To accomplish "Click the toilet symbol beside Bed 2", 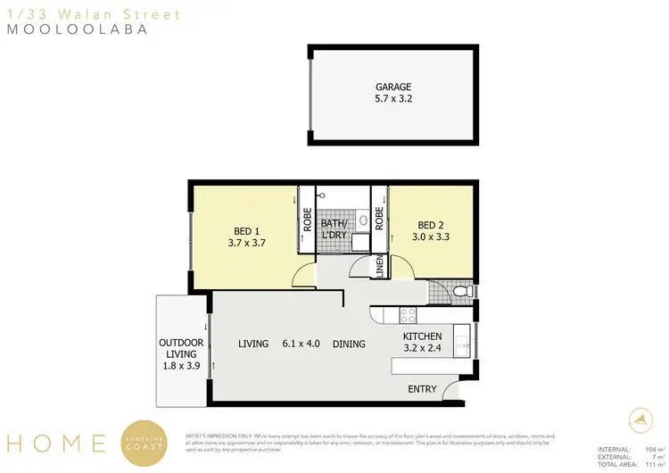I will pos(460,292).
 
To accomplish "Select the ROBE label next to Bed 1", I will pos(306,220).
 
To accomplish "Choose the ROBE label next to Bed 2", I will pos(379,219).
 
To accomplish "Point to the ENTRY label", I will pos(423,389).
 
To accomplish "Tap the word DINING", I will pos(350,344).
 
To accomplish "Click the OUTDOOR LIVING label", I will pos(181,349).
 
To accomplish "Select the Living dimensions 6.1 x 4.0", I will pos(301,344).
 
